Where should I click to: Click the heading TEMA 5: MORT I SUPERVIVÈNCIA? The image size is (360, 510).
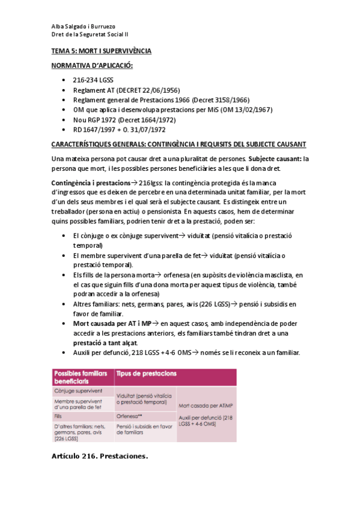click(x=101, y=51)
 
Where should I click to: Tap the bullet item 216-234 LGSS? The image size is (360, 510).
click(x=93, y=80)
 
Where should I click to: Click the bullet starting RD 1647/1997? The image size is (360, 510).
click(x=119, y=129)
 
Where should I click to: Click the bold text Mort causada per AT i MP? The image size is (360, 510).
click(x=107, y=323)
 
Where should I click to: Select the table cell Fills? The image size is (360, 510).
click(x=59, y=416)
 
